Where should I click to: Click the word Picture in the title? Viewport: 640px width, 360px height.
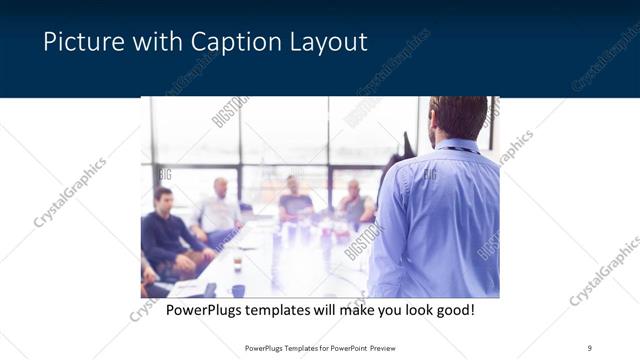[79, 42]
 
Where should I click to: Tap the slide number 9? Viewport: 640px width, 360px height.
[589, 347]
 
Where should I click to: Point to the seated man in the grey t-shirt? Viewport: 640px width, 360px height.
[296, 200]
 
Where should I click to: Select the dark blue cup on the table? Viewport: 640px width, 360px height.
[238, 290]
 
